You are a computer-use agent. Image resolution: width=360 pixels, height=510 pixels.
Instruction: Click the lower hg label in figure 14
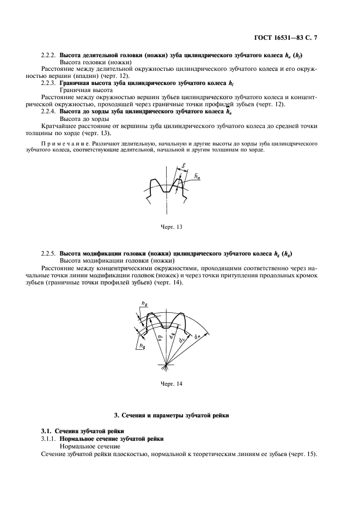click(x=142, y=345)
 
